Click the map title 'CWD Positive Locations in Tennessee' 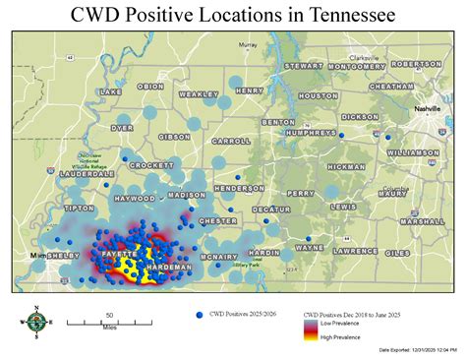coord(233,15)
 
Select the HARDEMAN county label coord(169,268)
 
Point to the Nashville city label coord(428,108)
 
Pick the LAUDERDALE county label coord(87,173)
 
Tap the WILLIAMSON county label coord(413,153)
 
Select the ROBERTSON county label coord(416,64)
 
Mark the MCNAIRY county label coord(219,257)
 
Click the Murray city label coord(248,45)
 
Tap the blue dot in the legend coord(200,314)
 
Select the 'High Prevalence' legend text coord(340,337)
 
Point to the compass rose coord(35,322)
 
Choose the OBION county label coord(151,87)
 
